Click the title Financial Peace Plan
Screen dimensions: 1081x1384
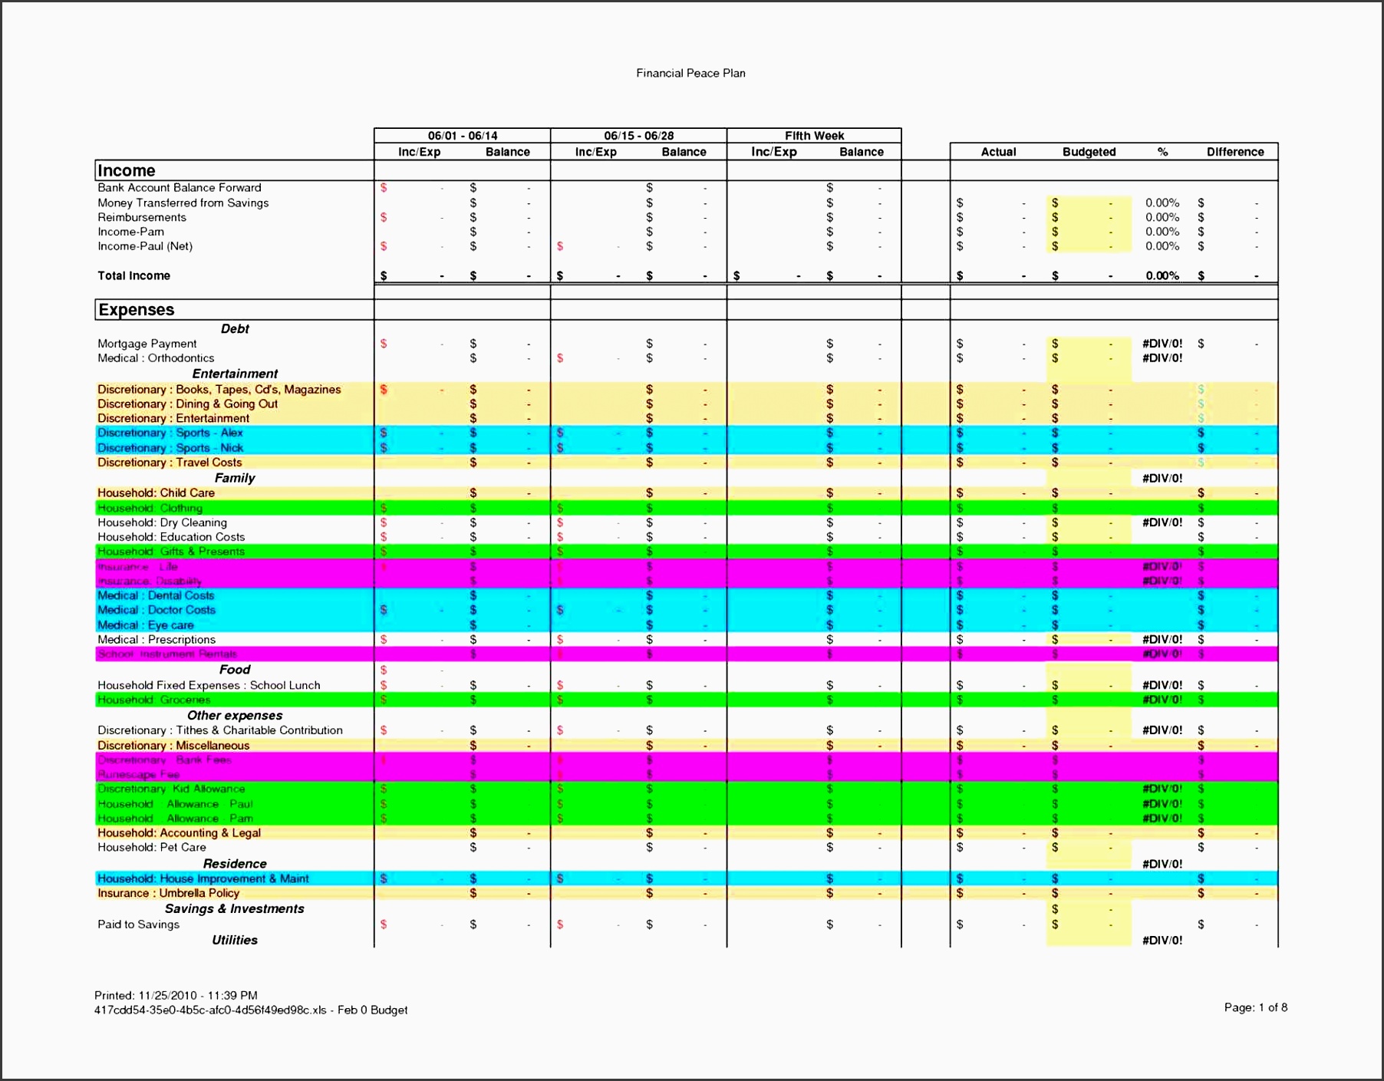690,73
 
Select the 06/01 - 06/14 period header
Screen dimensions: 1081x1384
462,136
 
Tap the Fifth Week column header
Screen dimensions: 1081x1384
814,136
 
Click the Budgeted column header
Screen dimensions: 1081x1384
1089,152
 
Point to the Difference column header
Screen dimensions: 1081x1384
1234,152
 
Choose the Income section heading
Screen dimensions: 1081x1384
127,170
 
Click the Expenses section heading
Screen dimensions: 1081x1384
137,309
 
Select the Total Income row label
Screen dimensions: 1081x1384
133,275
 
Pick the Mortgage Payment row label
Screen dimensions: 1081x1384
147,344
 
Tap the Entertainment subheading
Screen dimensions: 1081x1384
235,374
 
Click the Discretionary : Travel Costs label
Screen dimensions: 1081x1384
170,463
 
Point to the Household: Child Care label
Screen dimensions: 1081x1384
156,493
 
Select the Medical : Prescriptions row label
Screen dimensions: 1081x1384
157,639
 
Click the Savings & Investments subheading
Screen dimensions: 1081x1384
235,908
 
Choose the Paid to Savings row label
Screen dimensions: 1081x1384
138,924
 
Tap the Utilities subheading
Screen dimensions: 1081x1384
235,940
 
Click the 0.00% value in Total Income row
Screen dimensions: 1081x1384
1162,275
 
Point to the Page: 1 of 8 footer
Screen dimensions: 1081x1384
1255,1007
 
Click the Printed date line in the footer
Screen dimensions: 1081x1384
176,995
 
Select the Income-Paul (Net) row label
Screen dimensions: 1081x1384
145,246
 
